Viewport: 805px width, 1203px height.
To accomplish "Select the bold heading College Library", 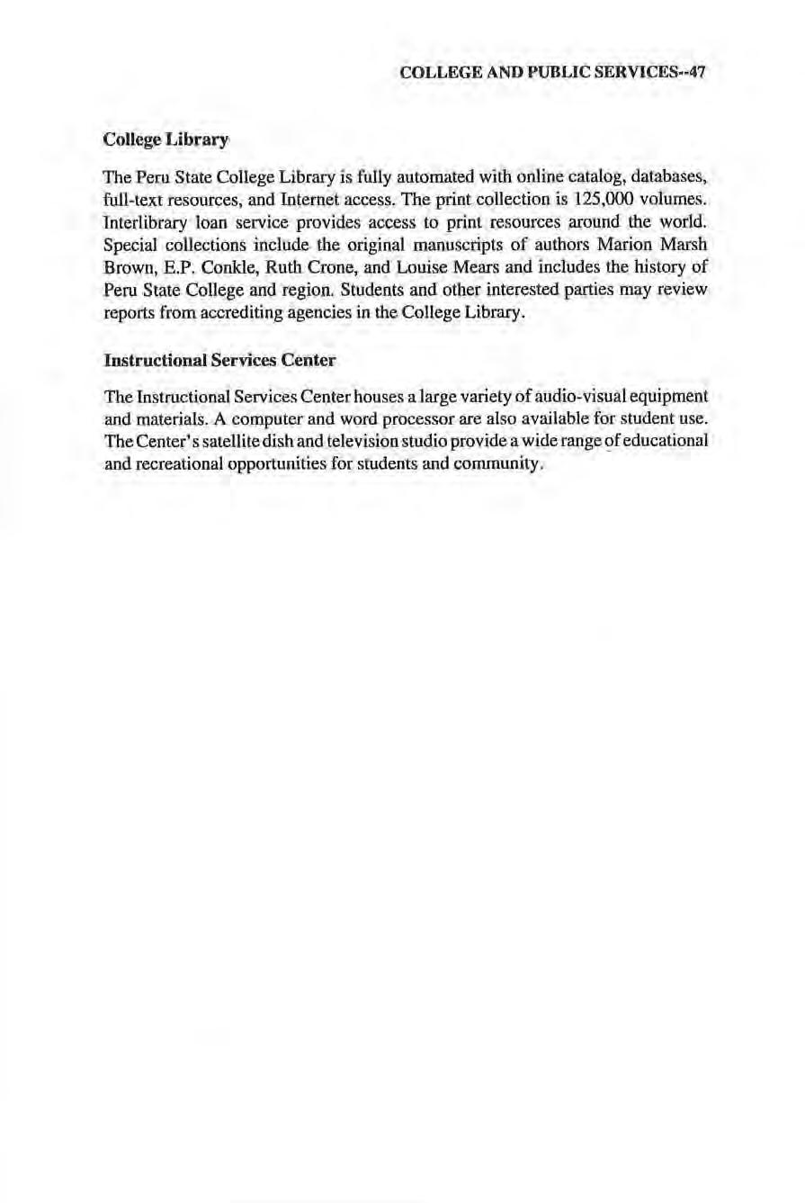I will [166, 139].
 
